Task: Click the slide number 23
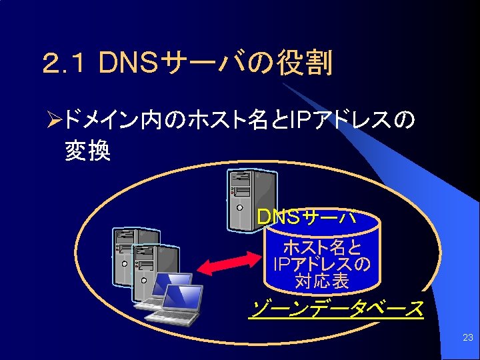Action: click(x=467, y=338)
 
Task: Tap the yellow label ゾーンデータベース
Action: click(x=336, y=309)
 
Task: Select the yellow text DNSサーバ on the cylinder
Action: click(x=306, y=217)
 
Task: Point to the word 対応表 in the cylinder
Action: click(x=322, y=281)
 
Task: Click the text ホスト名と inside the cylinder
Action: click(x=323, y=248)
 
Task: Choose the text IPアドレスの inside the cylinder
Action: click(x=322, y=265)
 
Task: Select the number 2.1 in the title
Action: click(x=65, y=65)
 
